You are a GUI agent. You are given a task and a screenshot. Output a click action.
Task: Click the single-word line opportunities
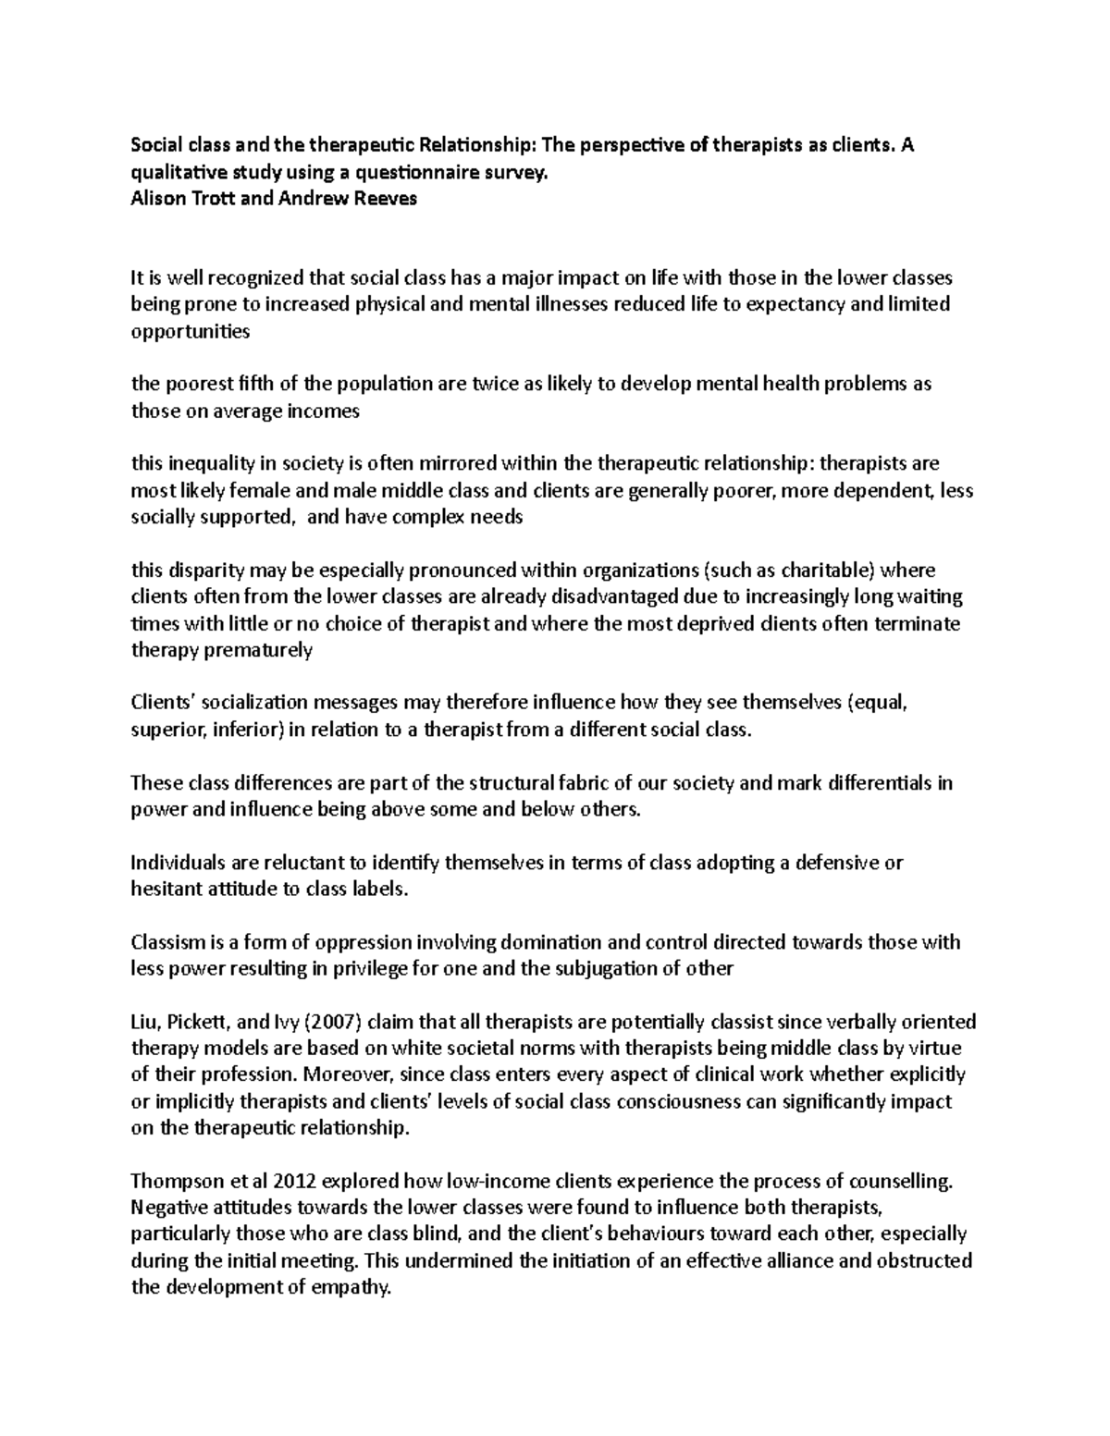(x=191, y=332)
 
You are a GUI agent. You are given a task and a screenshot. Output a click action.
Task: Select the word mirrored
(x=457, y=464)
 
